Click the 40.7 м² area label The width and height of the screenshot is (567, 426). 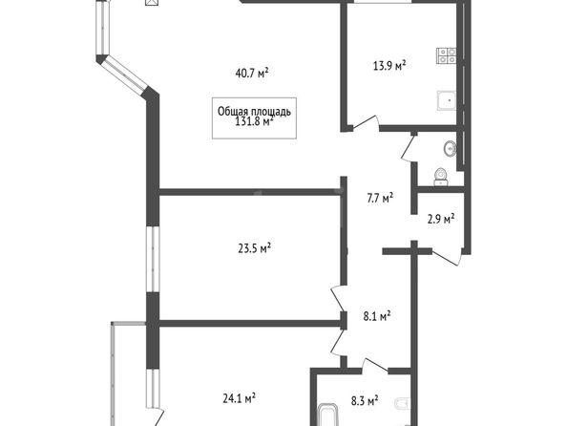(x=252, y=73)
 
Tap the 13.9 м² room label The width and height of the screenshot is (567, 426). (x=389, y=66)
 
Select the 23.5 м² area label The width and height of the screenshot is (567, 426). (x=255, y=248)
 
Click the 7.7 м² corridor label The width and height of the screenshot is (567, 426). (x=380, y=198)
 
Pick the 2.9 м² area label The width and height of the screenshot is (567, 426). (x=441, y=219)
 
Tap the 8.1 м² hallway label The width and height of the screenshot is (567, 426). (x=377, y=316)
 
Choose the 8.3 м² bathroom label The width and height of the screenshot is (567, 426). (x=365, y=400)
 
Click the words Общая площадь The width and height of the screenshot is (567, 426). (x=254, y=112)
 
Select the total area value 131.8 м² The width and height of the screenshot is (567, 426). (x=254, y=121)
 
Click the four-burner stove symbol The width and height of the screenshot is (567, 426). (x=446, y=55)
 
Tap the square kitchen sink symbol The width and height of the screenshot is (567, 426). (x=447, y=100)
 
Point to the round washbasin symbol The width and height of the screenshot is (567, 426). (x=451, y=148)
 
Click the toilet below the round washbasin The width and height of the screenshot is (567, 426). (x=440, y=177)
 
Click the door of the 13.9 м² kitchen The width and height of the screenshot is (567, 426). (x=366, y=123)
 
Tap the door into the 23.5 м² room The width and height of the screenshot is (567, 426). (x=339, y=299)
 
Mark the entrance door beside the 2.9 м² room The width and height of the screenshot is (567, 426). (x=447, y=256)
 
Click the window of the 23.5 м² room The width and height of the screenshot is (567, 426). (x=153, y=259)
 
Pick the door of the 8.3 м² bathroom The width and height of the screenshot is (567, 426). (x=375, y=366)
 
